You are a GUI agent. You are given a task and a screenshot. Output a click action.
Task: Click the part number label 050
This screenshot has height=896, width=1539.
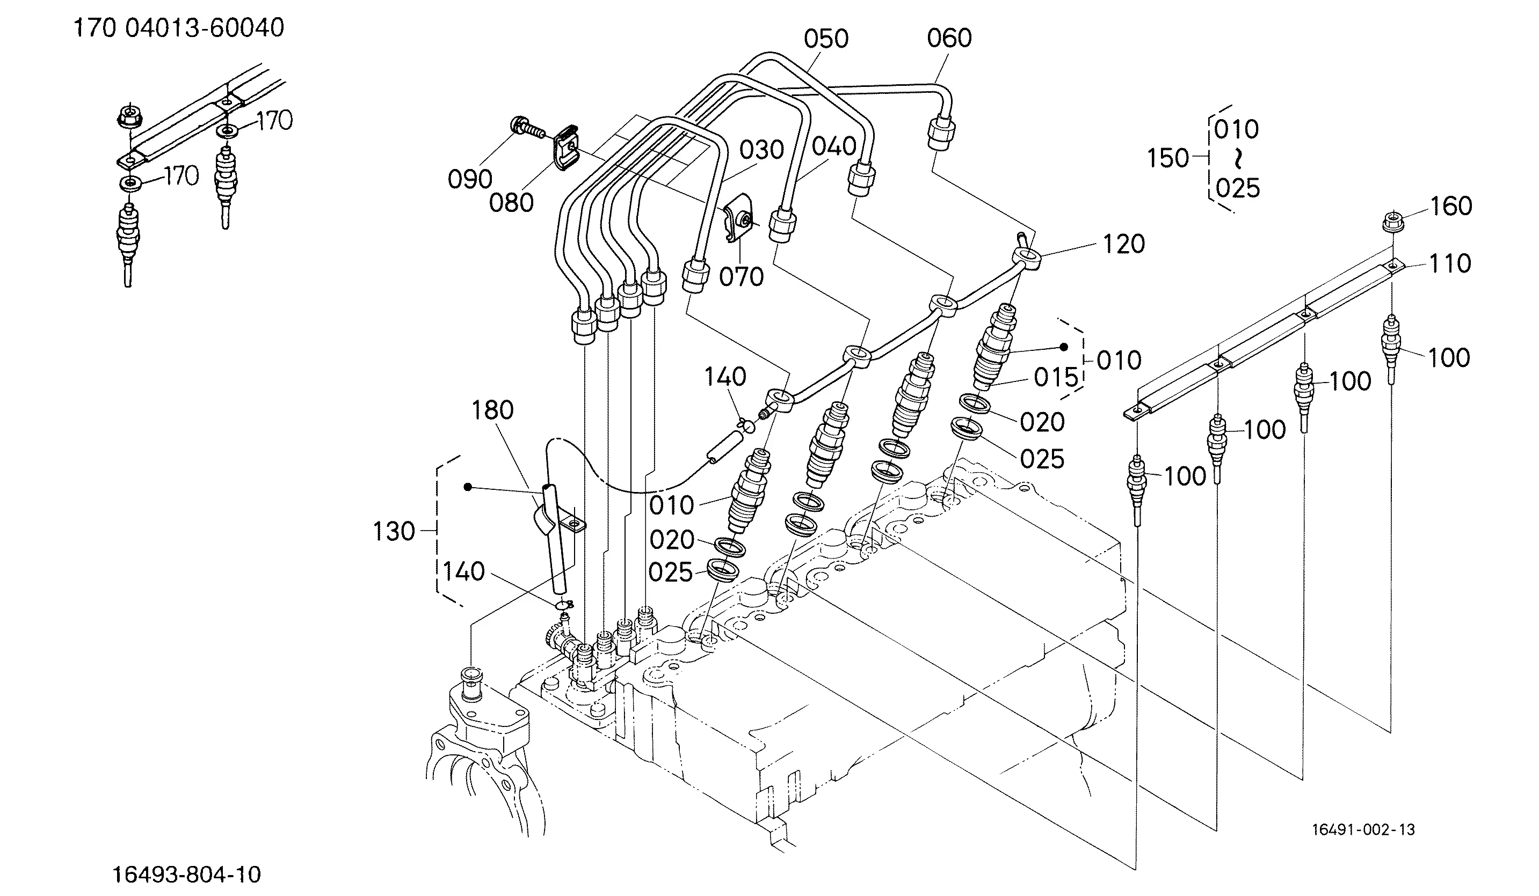[x=826, y=39]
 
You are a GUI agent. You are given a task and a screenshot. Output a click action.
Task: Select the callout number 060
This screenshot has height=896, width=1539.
[x=949, y=39]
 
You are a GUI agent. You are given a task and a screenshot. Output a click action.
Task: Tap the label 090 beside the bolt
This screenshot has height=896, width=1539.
[x=470, y=179]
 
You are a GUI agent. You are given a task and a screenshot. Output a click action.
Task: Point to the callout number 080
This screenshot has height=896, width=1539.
[x=511, y=203]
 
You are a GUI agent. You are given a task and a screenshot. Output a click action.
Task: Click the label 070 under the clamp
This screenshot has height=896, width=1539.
[x=742, y=277]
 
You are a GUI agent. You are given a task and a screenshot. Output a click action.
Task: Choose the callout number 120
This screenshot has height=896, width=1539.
[x=1124, y=244]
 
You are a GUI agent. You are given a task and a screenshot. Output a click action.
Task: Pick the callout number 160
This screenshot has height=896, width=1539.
[x=1451, y=207]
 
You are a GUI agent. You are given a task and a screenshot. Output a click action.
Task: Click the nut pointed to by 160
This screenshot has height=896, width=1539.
[x=1392, y=221]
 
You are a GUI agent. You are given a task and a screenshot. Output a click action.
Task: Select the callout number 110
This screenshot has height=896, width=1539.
[x=1450, y=263]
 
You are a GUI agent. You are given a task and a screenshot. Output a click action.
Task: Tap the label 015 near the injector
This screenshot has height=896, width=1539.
[x=1056, y=378]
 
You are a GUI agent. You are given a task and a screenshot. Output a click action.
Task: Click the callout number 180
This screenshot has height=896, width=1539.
[x=492, y=410]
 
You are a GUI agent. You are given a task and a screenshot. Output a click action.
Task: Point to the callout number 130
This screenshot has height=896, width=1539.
[x=394, y=532]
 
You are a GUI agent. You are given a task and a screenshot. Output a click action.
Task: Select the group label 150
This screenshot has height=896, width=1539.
[x=1168, y=158]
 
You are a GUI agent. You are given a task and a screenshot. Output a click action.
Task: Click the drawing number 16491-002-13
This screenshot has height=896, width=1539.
[x=1363, y=829]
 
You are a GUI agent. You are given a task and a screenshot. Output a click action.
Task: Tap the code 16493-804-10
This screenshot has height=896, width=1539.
[x=186, y=875]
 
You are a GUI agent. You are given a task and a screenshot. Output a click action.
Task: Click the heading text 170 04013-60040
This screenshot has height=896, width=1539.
[x=179, y=28]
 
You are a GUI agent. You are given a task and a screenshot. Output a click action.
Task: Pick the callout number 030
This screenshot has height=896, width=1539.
[x=761, y=150]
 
